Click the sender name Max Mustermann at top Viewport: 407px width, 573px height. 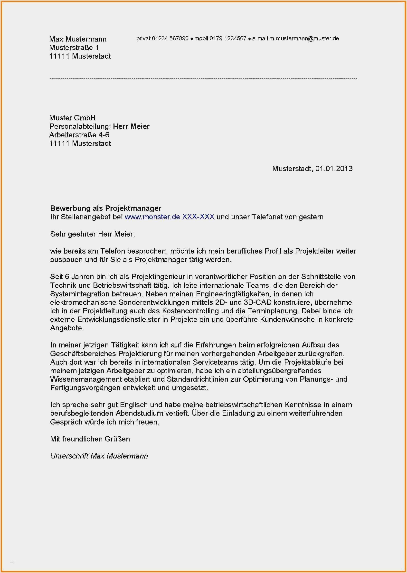coord(78,39)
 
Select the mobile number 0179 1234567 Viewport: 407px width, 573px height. coord(228,38)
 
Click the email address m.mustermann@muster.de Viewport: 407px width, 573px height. coord(304,38)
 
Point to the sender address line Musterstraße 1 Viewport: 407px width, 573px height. coord(74,47)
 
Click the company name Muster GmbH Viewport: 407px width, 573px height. coord(72,118)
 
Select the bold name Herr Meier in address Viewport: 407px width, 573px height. coord(131,126)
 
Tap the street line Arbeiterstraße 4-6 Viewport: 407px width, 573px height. coord(79,135)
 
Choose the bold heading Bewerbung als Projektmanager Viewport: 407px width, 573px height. coord(105,208)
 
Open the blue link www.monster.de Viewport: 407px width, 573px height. coord(152,217)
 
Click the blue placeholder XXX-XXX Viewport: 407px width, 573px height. coord(198,217)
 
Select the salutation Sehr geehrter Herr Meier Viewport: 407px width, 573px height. coord(92,234)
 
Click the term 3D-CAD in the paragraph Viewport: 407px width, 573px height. coord(257,302)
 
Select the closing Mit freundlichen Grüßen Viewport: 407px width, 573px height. coord(90,439)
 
